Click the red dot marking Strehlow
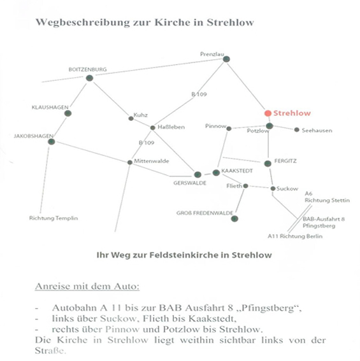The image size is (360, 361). pyautogui.click(x=268, y=113)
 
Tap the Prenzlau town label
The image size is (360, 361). pyautogui.click(x=212, y=54)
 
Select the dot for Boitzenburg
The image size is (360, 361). pyautogui.click(x=89, y=78)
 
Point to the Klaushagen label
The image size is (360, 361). pyautogui.click(x=50, y=108)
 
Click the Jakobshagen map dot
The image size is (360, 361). pyautogui.click(x=52, y=141)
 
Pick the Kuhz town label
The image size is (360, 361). pyautogui.click(x=141, y=115)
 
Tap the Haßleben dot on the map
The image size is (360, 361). pyautogui.click(x=152, y=127)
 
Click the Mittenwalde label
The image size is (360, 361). pyautogui.click(x=152, y=161)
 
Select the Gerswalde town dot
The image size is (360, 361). pyautogui.click(x=198, y=174)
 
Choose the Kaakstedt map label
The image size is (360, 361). pyautogui.click(x=237, y=171)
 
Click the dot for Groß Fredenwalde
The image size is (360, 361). pyautogui.click(x=234, y=218)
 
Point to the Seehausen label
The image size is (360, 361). pyautogui.click(x=317, y=131)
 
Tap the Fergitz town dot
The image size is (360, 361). pyautogui.click(x=268, y=164)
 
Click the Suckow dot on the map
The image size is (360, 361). pyautogui.click(x=273, y=188)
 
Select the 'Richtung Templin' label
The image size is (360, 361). pyautogui.click(x=54, y=218)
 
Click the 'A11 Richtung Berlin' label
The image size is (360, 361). pyautogui.click(x=295, y=236)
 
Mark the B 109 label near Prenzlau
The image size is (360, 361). pyautogui.click(x=199, y=94)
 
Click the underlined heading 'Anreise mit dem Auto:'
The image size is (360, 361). pyautogui.click(x=87, y=286)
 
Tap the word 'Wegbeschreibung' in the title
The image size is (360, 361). pyautogui.click(x=82, y=22)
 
